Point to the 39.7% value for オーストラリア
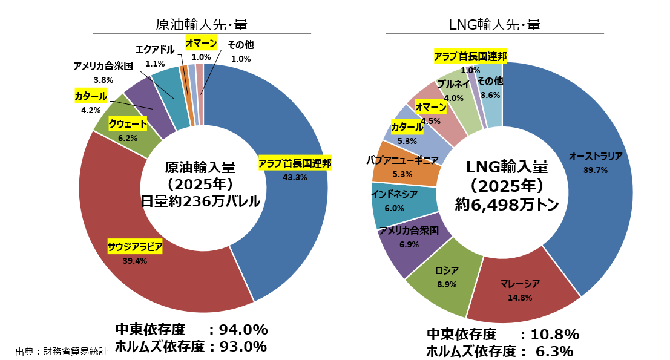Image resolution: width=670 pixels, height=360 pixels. point(596,170)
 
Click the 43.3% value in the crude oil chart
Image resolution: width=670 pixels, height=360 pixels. point(295,177)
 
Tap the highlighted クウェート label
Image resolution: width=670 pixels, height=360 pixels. point(128,125)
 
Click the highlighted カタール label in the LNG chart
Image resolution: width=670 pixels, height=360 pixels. point(407,127)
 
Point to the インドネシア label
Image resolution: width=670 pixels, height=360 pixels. point(394,194)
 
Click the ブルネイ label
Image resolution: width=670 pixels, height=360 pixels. point(453,84)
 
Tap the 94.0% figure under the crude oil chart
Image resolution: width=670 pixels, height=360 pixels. point(242,330)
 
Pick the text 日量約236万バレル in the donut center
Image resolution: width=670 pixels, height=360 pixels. point(200,201)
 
